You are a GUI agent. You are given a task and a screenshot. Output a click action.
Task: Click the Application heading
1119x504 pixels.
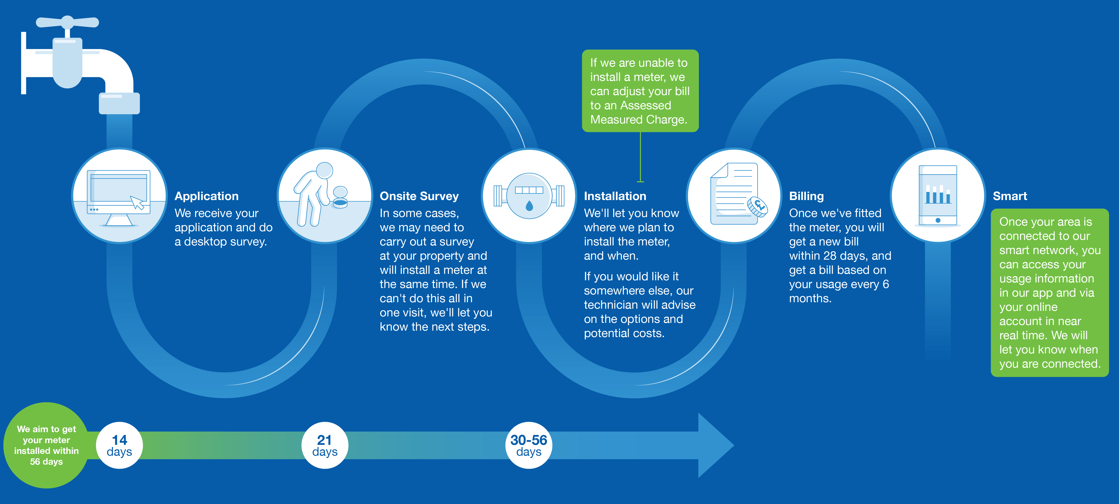click(206, 196)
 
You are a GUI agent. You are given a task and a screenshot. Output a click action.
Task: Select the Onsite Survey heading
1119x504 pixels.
click(419, 196)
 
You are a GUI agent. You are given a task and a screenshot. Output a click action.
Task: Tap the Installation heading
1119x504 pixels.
click(615, 196)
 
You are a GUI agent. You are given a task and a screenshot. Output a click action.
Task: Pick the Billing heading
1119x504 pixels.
click(806, 196)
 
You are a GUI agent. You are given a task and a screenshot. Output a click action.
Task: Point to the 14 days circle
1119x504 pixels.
click(120, 445)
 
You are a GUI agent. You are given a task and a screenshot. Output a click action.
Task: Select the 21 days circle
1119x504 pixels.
click(324, 445)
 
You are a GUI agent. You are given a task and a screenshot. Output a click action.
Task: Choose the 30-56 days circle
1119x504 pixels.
click(529, 445)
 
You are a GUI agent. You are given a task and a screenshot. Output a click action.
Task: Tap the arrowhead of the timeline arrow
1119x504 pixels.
click(715, 445)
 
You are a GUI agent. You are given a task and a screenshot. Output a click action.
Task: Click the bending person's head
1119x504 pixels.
click(324, 170)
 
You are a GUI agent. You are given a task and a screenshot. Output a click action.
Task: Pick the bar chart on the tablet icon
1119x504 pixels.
click(938, 195)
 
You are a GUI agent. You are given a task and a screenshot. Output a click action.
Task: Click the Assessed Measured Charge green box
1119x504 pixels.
click(640, 91)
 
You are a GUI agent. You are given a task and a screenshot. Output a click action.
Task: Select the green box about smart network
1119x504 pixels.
click(1050, 292)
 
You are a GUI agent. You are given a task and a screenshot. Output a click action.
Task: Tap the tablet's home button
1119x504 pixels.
click(938, 220)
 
